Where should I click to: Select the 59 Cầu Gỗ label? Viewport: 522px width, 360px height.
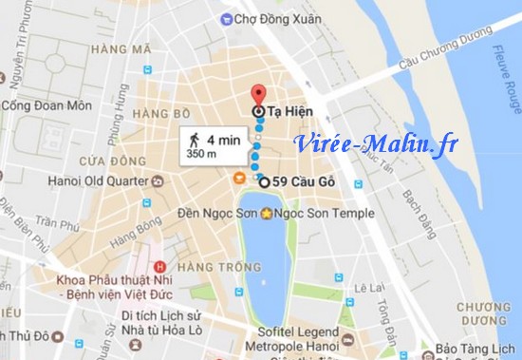tap(302, 181)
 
